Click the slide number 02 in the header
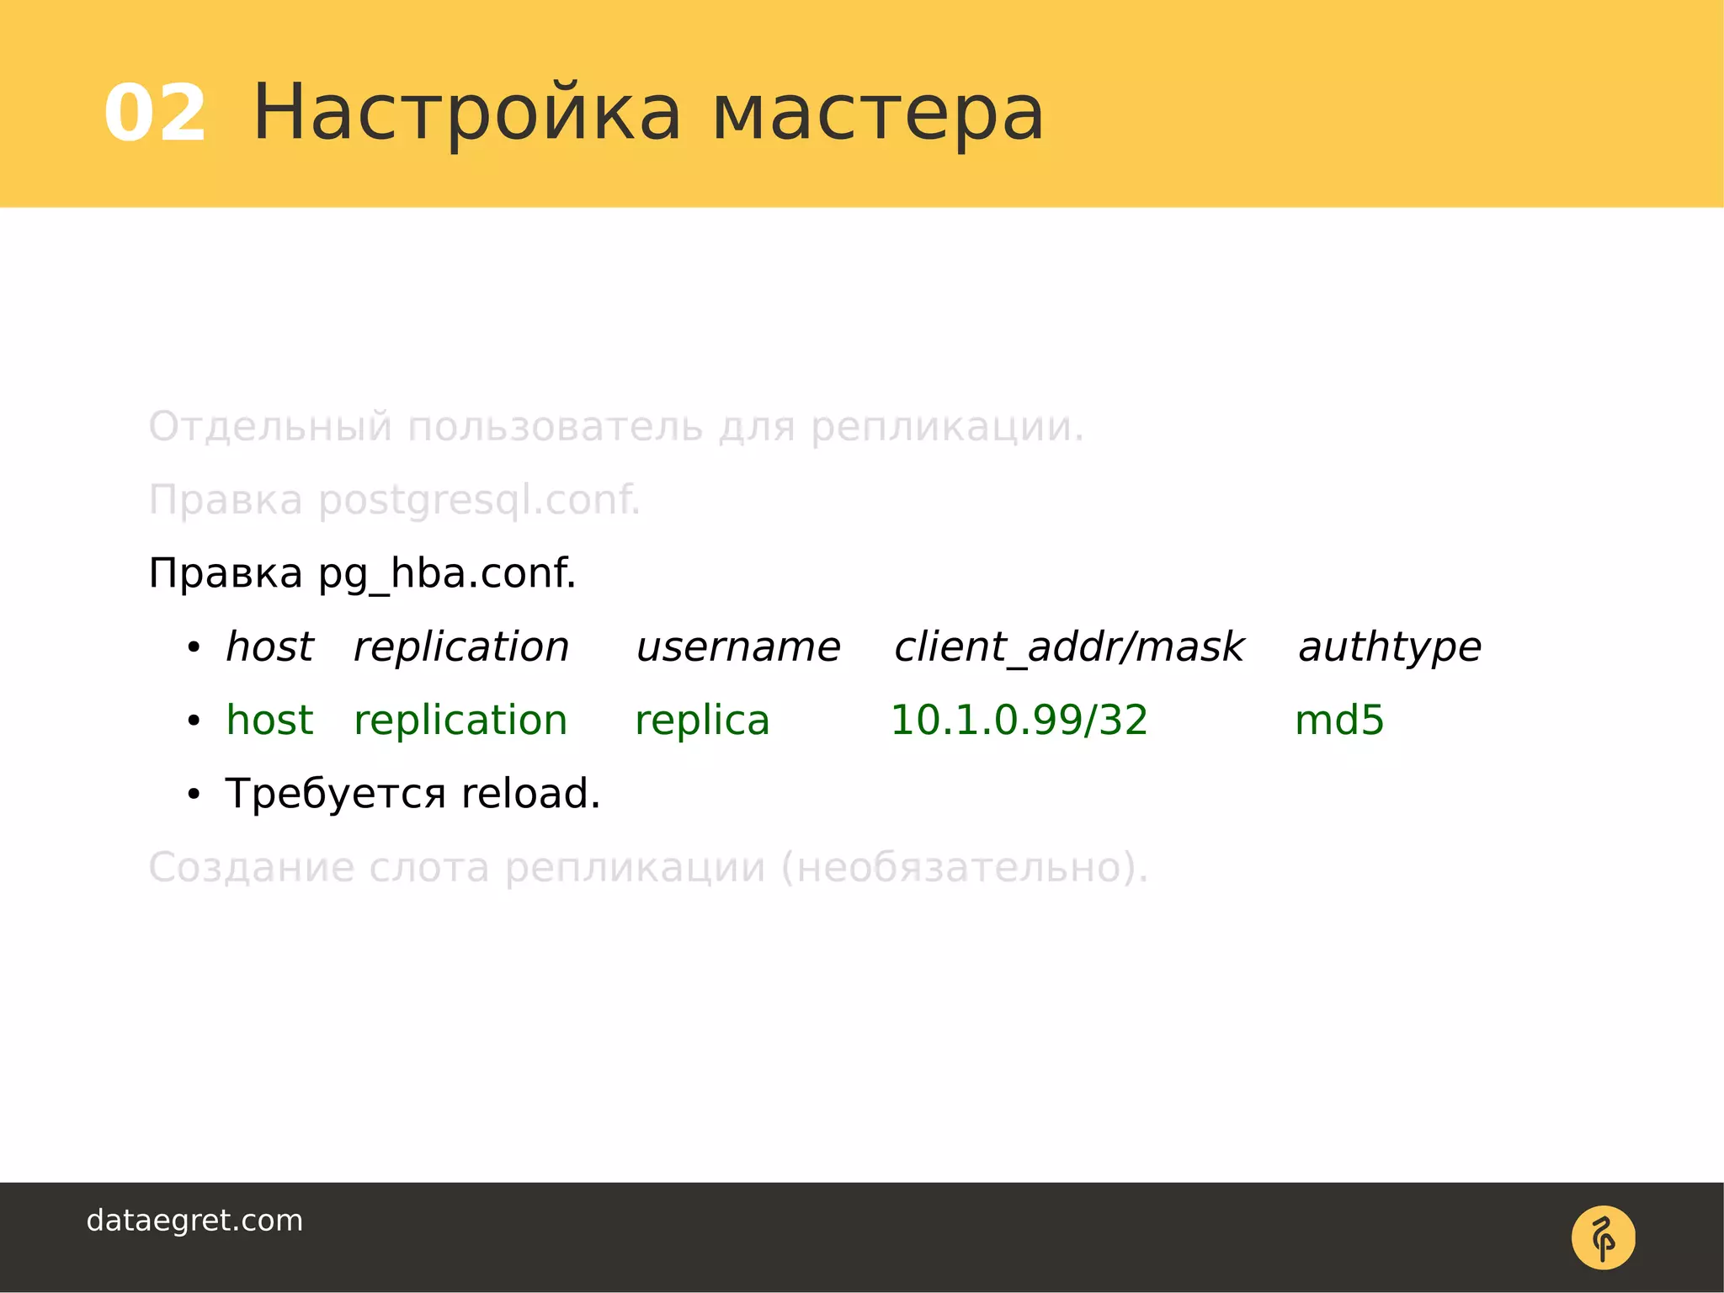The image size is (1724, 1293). pos(155,114)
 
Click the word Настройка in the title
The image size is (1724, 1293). pos(466,114)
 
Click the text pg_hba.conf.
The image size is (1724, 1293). pos(447,575)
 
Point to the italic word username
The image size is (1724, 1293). pos(738,648)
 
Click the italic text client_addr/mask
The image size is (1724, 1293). pos(1069,648)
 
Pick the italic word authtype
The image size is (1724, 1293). pos(1390,648)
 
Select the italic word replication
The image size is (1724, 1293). pos(461,648)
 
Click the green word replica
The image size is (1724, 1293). pos(702,721)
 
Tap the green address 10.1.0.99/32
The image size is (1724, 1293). pos(1019,721)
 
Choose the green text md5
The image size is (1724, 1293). pos(1339,721)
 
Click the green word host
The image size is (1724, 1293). pos(269,721)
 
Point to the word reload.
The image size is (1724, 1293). pos(530,794)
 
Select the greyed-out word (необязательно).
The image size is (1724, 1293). pos(965,868)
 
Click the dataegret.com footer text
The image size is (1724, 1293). pos(194,1221)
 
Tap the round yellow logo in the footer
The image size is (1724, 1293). pos(1603,1237)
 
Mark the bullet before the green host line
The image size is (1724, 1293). pos(194,721)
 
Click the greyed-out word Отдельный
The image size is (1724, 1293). pos(270,427)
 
